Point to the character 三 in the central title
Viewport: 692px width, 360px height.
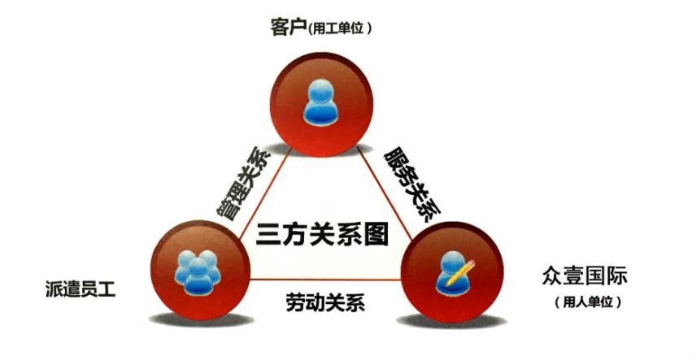point(270,234)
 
